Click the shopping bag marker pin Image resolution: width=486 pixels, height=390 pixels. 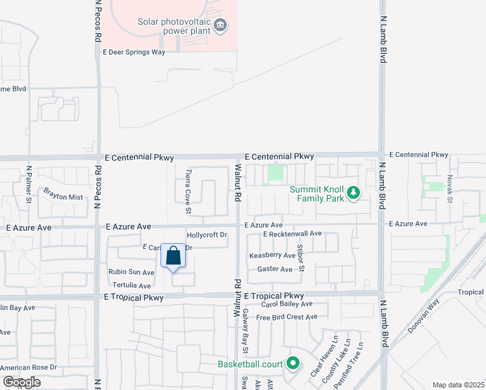pos(173,256)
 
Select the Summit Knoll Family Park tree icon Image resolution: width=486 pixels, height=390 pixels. pos(353,193)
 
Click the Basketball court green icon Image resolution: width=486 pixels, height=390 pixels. pos(293,364)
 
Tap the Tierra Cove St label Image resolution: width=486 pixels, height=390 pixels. pos(188,192)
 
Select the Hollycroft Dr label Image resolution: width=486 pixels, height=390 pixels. pos(207,235)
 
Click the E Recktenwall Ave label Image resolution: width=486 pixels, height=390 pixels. pos(292,233)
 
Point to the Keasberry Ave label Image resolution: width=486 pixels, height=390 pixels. pos(272,256)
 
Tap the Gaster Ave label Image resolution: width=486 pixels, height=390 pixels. pos(275,268)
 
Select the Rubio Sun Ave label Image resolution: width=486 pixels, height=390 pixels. pos(131,272)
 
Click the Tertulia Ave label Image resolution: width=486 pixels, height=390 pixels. pos(132,285)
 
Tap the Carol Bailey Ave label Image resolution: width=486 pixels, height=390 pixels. pos(287,304)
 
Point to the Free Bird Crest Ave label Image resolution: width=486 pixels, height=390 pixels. pos(287,317)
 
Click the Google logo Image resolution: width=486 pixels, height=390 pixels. pos(21,382)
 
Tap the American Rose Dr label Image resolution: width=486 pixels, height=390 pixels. pos(29,367)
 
